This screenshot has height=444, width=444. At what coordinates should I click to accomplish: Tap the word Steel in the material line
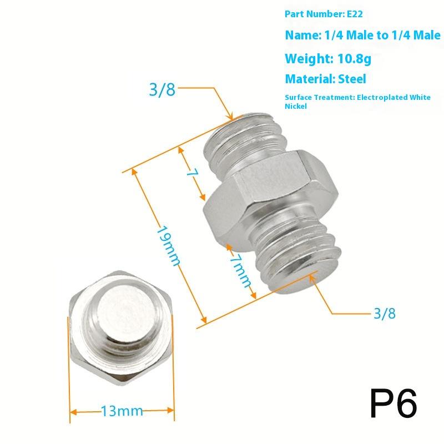[350, 79]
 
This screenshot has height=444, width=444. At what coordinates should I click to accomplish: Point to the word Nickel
[295, 106]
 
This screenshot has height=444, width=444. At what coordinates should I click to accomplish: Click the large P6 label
[393, 403]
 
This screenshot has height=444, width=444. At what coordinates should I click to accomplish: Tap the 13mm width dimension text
[122, 412]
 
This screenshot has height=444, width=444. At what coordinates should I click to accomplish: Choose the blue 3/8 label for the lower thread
[384, 313]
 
